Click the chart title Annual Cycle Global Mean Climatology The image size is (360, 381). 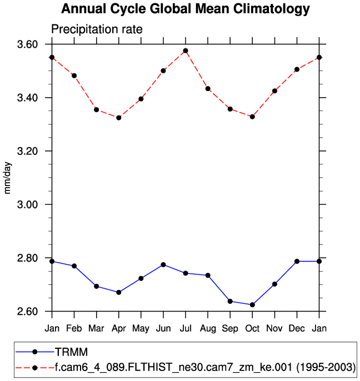(x=185, y=9)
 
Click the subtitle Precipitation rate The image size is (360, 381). (x=97, y=29)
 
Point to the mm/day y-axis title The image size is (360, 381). (x=8, y=177)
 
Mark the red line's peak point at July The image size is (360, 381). (x=186, y=51)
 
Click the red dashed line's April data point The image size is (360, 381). (x=119, y=118)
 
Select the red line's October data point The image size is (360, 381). (x=252, y=117)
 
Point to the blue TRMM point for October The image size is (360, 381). (x=252, y=305)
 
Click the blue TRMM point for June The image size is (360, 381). (x=163, y=264)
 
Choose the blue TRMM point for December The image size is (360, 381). (x=297, y=261)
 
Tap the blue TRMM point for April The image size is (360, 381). (x=119, y=292)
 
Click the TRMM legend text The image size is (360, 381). (x=68, y=352)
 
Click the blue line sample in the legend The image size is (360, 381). (x=34, y=352)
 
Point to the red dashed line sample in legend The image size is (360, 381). (x=34, y=367)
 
